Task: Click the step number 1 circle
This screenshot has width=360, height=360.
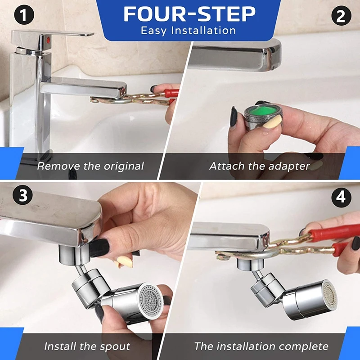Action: tap(24, 15)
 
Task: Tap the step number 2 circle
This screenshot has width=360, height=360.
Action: tap(341, 15)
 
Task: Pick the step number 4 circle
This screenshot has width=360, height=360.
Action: tap(341, 197)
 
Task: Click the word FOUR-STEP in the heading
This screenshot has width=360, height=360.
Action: tap(189, 14)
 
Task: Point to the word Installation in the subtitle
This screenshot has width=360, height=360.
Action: tap(204, 31)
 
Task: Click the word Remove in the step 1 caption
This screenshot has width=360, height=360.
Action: tap(58, 166)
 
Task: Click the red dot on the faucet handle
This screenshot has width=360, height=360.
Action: tap(48, 40)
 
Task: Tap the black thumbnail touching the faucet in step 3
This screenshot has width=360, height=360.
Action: tap(99, 248)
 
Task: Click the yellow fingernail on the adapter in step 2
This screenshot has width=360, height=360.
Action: tap(273, 122)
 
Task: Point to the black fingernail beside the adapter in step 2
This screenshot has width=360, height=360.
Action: tap(234, 117)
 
